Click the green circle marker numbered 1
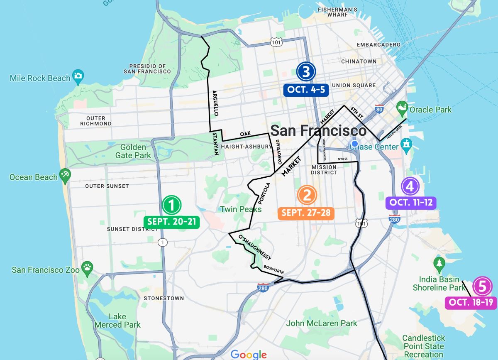171,205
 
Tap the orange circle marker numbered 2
307,195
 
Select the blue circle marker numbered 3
306,72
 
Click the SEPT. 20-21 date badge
171,222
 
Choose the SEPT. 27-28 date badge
306,213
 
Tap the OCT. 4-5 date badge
306,90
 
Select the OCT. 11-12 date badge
411,203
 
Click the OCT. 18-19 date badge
471,302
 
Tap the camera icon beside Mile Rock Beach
78,76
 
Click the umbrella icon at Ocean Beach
65,176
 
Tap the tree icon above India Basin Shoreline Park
439,263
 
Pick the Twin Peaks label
241,209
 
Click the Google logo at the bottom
248,354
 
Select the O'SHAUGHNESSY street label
254,247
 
